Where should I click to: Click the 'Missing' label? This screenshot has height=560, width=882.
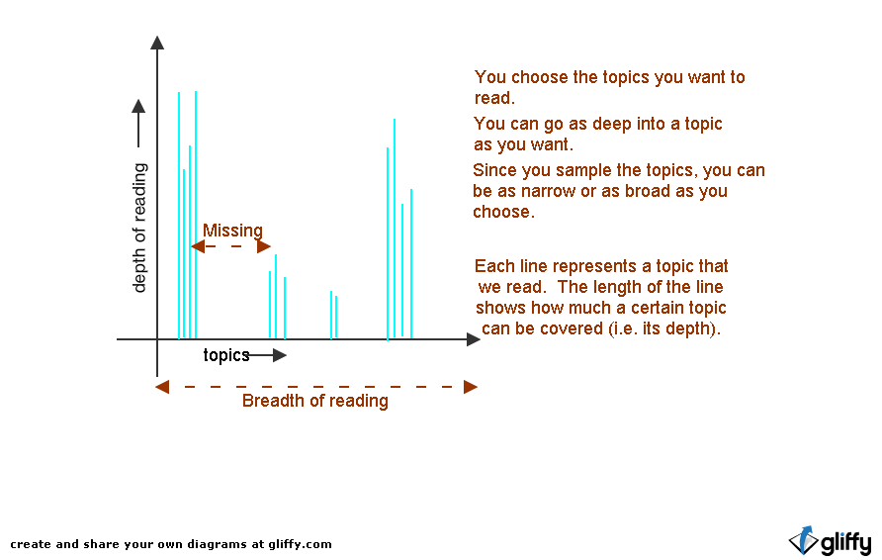point(232,231)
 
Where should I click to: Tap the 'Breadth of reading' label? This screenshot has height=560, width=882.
point(315,401)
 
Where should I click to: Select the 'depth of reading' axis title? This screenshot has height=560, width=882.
point(139,228)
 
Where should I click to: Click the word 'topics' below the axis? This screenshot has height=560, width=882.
point(226,355)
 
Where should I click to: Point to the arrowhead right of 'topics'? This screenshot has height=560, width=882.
point(280,355)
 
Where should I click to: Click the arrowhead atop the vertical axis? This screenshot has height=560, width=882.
point(157,43)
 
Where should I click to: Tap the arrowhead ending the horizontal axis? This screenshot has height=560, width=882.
point(473,339)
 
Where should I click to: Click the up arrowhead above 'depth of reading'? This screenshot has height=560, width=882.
point(138,106)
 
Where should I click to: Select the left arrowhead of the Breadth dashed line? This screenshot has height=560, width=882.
point(162,387)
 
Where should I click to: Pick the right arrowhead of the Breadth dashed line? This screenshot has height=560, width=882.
point(471,387)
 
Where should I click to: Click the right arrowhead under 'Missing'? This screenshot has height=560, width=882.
point(264,246)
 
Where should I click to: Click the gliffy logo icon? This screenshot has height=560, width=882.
point(804,541)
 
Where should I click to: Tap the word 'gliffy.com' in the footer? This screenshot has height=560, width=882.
point(300,544)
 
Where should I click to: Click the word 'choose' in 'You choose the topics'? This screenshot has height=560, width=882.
point(540,77)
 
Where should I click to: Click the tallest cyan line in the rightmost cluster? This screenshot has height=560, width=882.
point(395,228)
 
